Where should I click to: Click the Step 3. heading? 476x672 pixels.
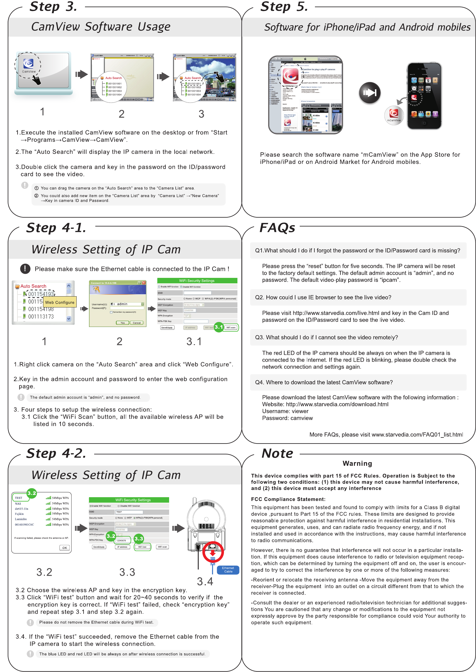(53, 6)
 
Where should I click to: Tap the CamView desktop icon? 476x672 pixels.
(28, 65)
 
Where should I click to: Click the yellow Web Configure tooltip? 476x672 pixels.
(60, 302)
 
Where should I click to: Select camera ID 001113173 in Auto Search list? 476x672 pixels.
(41, 317)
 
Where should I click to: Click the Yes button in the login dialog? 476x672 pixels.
(123, 323)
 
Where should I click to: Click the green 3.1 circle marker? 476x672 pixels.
(219, 327)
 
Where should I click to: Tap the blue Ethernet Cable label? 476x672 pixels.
(228, 570)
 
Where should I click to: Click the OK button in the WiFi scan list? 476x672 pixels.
(65, 547)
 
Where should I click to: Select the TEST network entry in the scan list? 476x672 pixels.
(19, 498)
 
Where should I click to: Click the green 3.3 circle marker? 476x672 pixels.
(139, 538)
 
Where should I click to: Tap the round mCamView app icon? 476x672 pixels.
(394, 115)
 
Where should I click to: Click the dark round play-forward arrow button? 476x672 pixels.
(370, 93)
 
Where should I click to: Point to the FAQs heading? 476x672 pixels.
(277, 228)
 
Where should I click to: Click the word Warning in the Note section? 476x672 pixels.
(357, 463)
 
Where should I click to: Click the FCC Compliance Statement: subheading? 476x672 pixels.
(288, 499)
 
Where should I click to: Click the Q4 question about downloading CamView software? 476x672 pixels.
(324, 382)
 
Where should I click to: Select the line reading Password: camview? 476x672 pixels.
(287, 418)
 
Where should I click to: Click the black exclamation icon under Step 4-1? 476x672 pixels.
(25, 268)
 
